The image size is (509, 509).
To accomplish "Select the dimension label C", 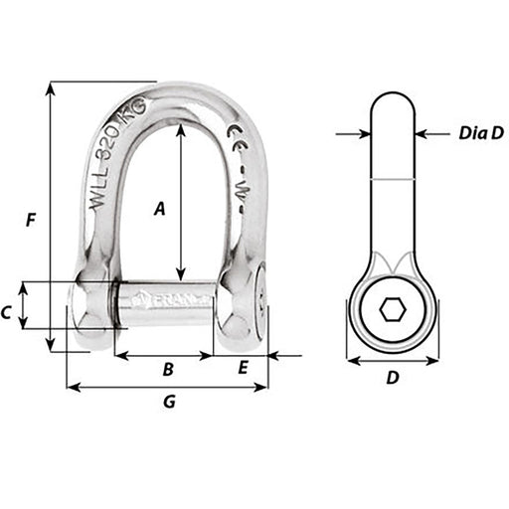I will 7,312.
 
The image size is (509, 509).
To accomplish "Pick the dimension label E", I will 243,369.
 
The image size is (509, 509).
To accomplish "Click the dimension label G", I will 168,402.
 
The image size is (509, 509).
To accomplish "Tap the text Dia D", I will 481,132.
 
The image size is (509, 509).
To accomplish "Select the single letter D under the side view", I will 392,378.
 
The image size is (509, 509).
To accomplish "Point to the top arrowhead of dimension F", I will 48,87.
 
